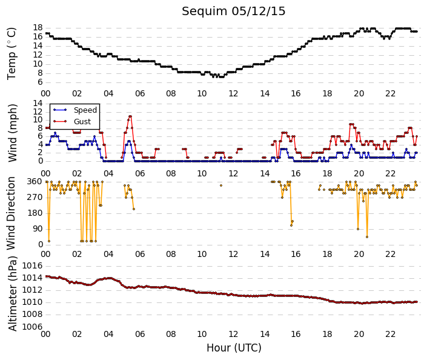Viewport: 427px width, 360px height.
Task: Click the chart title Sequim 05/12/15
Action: (x=233, y=12)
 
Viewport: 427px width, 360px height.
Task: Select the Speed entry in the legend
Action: (x=85, y=110)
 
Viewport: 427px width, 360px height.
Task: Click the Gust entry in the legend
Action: (x=82, y=122)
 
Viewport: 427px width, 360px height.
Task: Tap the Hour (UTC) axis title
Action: (x=234, y=348)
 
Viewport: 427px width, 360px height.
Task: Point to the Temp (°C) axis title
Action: (x=12, y=54)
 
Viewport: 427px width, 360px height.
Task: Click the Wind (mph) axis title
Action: (x=12, y=133)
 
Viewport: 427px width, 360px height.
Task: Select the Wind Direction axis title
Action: (x=11, y=213)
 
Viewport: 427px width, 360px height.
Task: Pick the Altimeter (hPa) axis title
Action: (x=12, y=293)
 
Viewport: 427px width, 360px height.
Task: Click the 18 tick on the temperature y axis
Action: (x=38, y=27)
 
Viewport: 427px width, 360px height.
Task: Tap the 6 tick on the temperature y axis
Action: (x=40, y=82)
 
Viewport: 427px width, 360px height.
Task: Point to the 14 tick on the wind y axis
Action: (x=38, y=103)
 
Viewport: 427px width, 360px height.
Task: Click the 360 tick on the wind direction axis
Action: (x=35, y=181)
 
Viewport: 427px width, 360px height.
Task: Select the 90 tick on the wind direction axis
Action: (x=38, y=228)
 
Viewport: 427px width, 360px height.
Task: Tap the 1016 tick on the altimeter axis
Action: (x=32, y=265)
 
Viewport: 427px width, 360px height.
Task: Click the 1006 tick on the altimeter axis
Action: (x=32, y=327)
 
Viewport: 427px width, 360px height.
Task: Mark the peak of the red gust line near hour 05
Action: (x=130, y=116)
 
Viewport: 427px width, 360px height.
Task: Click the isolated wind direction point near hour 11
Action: (x=221, y=185)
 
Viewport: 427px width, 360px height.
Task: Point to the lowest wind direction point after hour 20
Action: (x=367, y=237)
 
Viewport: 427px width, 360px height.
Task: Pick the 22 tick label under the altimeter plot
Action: (x=390, y=334)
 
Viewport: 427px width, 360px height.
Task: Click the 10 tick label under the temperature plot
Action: (x=202, y=93)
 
